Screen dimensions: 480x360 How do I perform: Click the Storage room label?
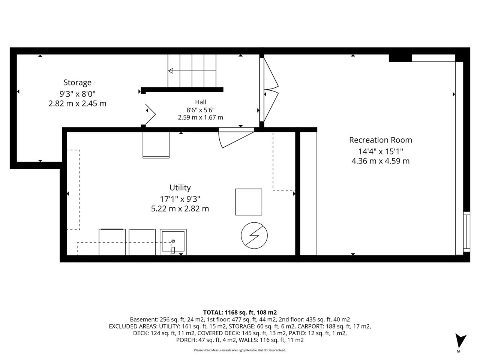77,82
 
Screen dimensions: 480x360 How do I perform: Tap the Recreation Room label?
381,140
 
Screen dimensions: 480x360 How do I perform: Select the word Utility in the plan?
180,187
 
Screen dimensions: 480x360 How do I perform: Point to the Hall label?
201,102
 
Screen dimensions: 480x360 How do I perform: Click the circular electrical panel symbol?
254,235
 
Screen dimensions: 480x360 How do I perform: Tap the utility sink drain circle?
173,241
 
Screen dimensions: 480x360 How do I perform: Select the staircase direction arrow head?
170,71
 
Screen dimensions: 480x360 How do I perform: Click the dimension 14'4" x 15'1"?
381,151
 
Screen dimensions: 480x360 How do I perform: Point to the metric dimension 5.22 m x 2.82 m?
180,208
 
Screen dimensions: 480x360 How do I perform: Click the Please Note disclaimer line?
240,350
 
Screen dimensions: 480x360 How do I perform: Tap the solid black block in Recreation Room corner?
400,58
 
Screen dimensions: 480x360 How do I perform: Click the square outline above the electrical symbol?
249,202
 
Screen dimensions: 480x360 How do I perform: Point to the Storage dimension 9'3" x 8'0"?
77,94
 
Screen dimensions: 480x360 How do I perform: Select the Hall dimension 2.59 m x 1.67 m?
201,117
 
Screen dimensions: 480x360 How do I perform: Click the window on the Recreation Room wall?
466,232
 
